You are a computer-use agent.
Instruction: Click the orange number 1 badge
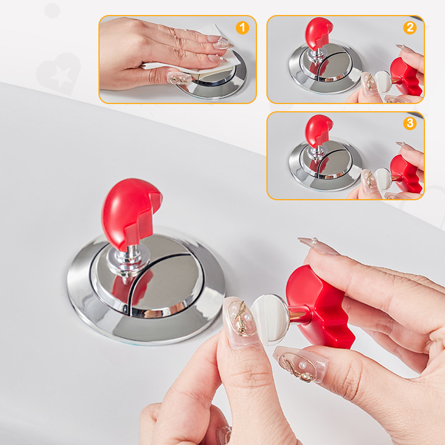coord(243,28)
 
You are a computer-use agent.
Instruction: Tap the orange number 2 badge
coord(410,28)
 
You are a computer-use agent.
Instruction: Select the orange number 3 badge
coord(410,123)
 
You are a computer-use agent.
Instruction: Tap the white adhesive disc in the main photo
coord(270,318)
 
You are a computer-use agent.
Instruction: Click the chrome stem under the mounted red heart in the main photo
coord(128,263)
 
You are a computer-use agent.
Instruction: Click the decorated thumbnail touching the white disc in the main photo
coord(239,321)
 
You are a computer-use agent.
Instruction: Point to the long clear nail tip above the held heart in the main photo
coord(318,246)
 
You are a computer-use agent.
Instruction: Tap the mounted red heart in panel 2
coord(318,33)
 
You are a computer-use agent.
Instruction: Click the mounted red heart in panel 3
coord(318,131)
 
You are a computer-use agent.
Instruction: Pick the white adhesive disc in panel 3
coord(382,179)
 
